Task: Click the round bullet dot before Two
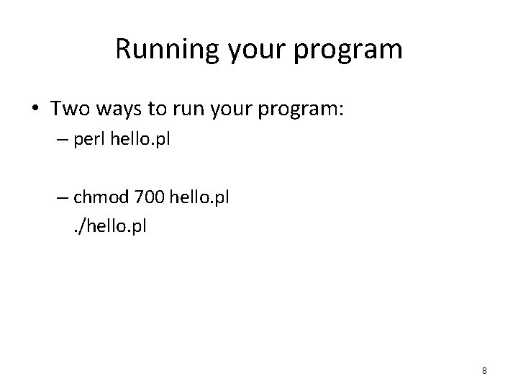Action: click(x=35, y=109)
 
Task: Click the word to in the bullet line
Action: click(x=157, y=109)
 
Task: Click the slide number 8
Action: click(x=484, y=371)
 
